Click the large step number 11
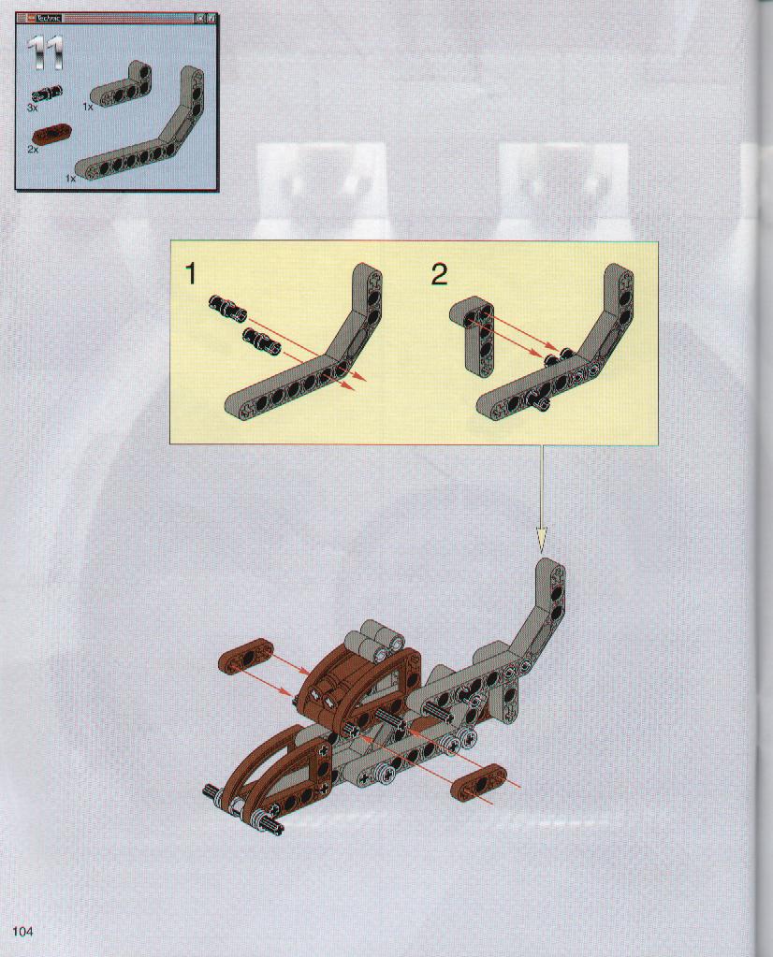tap(45, 53)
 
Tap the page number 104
tap(22, 932)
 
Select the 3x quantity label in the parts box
tap(33, 108)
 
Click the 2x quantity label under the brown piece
tap(33, 149)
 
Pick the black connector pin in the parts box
tap(47, 93)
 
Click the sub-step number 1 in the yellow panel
tap(191, 274)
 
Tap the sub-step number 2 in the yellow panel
tap(439, 274)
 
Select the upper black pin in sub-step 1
tap(227, 307)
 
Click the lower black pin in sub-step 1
tap(261, 340)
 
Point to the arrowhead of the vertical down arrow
tap(542, 540)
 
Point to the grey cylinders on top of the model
tap(375, 640)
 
